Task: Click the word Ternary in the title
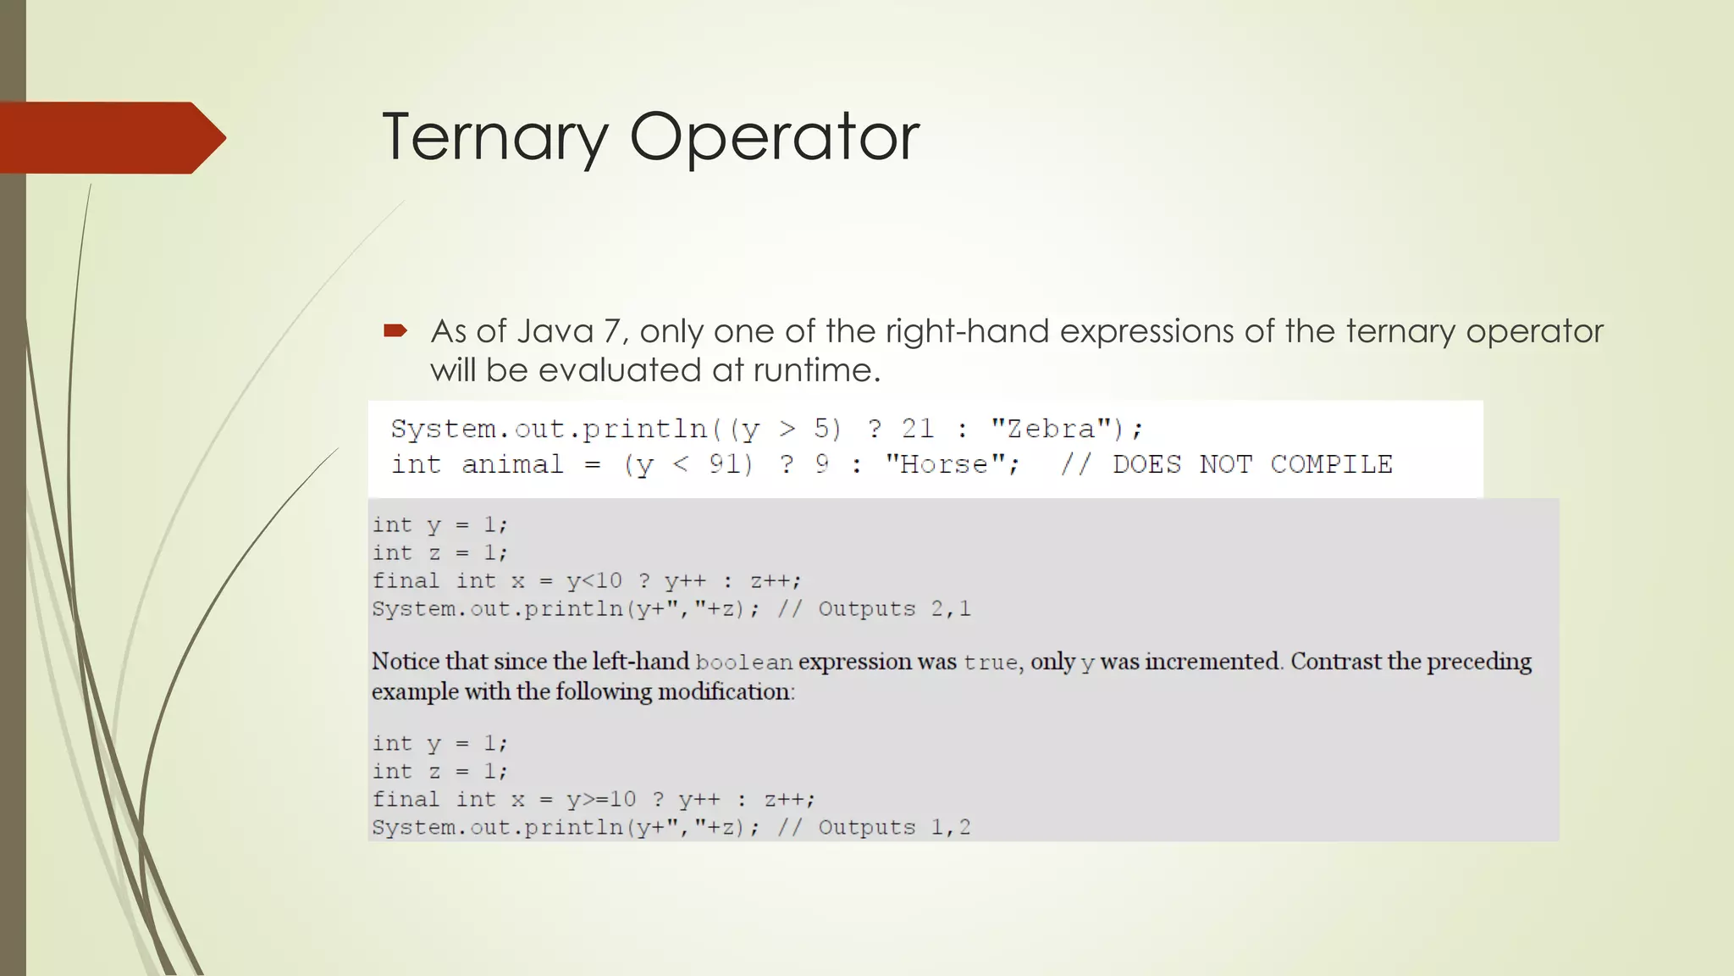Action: (x=495, y=137)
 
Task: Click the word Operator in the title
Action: (x=774, y=137)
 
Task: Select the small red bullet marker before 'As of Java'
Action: (x=395, y=330)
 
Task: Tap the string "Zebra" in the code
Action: (x=1050, y=429)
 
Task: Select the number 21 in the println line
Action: (x=917, y=429)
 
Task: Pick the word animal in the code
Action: (x=512, y=464)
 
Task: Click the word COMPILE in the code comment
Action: (x=1331, y=464)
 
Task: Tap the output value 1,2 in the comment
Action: (x=951, y=828)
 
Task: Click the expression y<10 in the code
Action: (x=594, y=581)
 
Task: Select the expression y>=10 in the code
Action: (x=601, y=800)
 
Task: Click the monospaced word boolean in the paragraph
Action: (x=743, y=663)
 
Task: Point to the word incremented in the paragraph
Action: (x=1212, y=662)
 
